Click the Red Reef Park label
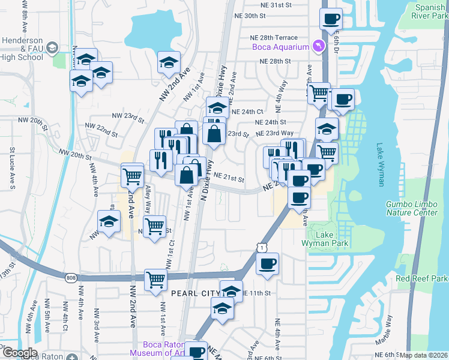tap(422, 279)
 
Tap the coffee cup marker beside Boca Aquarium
tap(331, 19)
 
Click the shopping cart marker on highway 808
tap(155, 278)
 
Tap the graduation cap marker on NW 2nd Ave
tap(169, 62)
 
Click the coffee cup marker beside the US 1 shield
tap(268, 263)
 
